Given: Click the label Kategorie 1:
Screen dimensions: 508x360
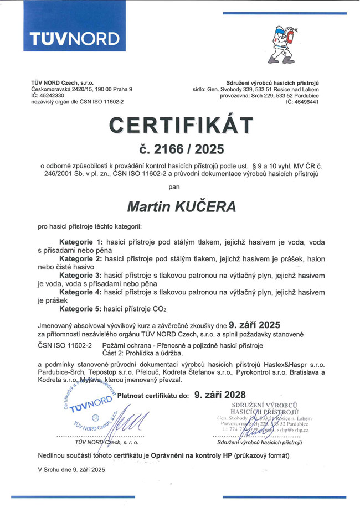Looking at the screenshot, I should coord(81,242).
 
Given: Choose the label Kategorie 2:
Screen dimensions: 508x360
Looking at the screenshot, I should coord(81,258).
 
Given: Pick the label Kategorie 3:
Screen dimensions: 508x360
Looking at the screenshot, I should coord(81,275).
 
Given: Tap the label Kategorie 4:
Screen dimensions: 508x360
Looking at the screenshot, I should coord(81,292).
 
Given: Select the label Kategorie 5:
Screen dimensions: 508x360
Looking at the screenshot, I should coord(81,308).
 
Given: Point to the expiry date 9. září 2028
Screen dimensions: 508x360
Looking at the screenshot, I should coord(219,395).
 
